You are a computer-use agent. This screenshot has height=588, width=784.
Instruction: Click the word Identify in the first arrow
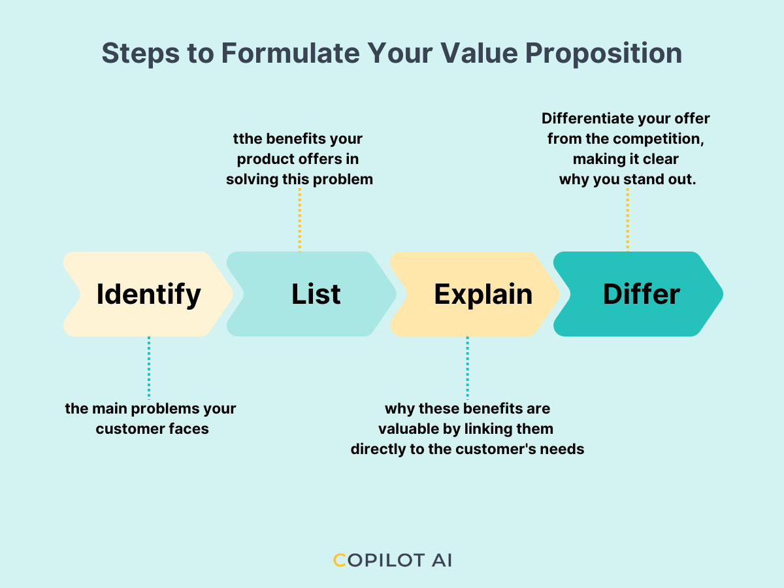[148, 294]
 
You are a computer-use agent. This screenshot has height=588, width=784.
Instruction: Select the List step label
[316, 294]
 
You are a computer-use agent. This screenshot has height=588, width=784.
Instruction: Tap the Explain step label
[483, 294]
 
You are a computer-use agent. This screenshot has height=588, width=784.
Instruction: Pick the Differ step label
[641, 294]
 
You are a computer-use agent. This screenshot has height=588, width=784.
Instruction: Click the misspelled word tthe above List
[249, 139]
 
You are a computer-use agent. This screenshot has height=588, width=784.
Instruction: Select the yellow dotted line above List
[300, 219]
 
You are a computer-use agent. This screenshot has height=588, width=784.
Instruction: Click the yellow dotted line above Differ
[627, 219]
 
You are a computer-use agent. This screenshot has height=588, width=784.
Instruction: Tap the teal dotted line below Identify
[149, 367]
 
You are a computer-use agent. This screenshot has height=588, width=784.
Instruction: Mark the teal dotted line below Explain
[467, 367]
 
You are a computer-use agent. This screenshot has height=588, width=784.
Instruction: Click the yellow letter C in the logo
[339, 561]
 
